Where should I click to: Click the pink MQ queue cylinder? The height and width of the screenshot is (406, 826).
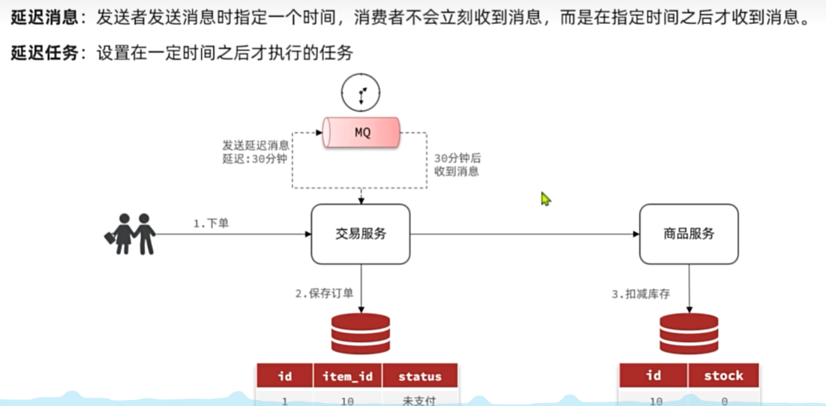362,133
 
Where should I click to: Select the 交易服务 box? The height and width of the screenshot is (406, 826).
360,234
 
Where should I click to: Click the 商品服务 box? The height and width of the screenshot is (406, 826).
688,234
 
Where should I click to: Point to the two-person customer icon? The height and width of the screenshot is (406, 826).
130,233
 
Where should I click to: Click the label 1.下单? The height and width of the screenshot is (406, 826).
211,223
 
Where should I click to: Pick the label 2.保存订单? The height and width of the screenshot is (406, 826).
323,293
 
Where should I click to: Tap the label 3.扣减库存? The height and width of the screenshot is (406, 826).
640,293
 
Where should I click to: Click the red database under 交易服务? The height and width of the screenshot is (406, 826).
360,333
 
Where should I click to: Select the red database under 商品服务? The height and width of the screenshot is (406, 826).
689,333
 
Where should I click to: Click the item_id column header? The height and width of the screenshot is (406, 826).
348,376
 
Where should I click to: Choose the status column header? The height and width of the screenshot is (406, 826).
419,376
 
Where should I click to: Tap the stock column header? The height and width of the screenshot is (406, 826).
723,375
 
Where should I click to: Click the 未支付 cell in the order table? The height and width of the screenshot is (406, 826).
419,400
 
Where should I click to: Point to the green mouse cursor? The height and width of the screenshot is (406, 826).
545,199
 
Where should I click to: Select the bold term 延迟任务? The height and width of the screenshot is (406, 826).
44,53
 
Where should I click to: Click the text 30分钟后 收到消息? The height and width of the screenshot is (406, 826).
458,165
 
